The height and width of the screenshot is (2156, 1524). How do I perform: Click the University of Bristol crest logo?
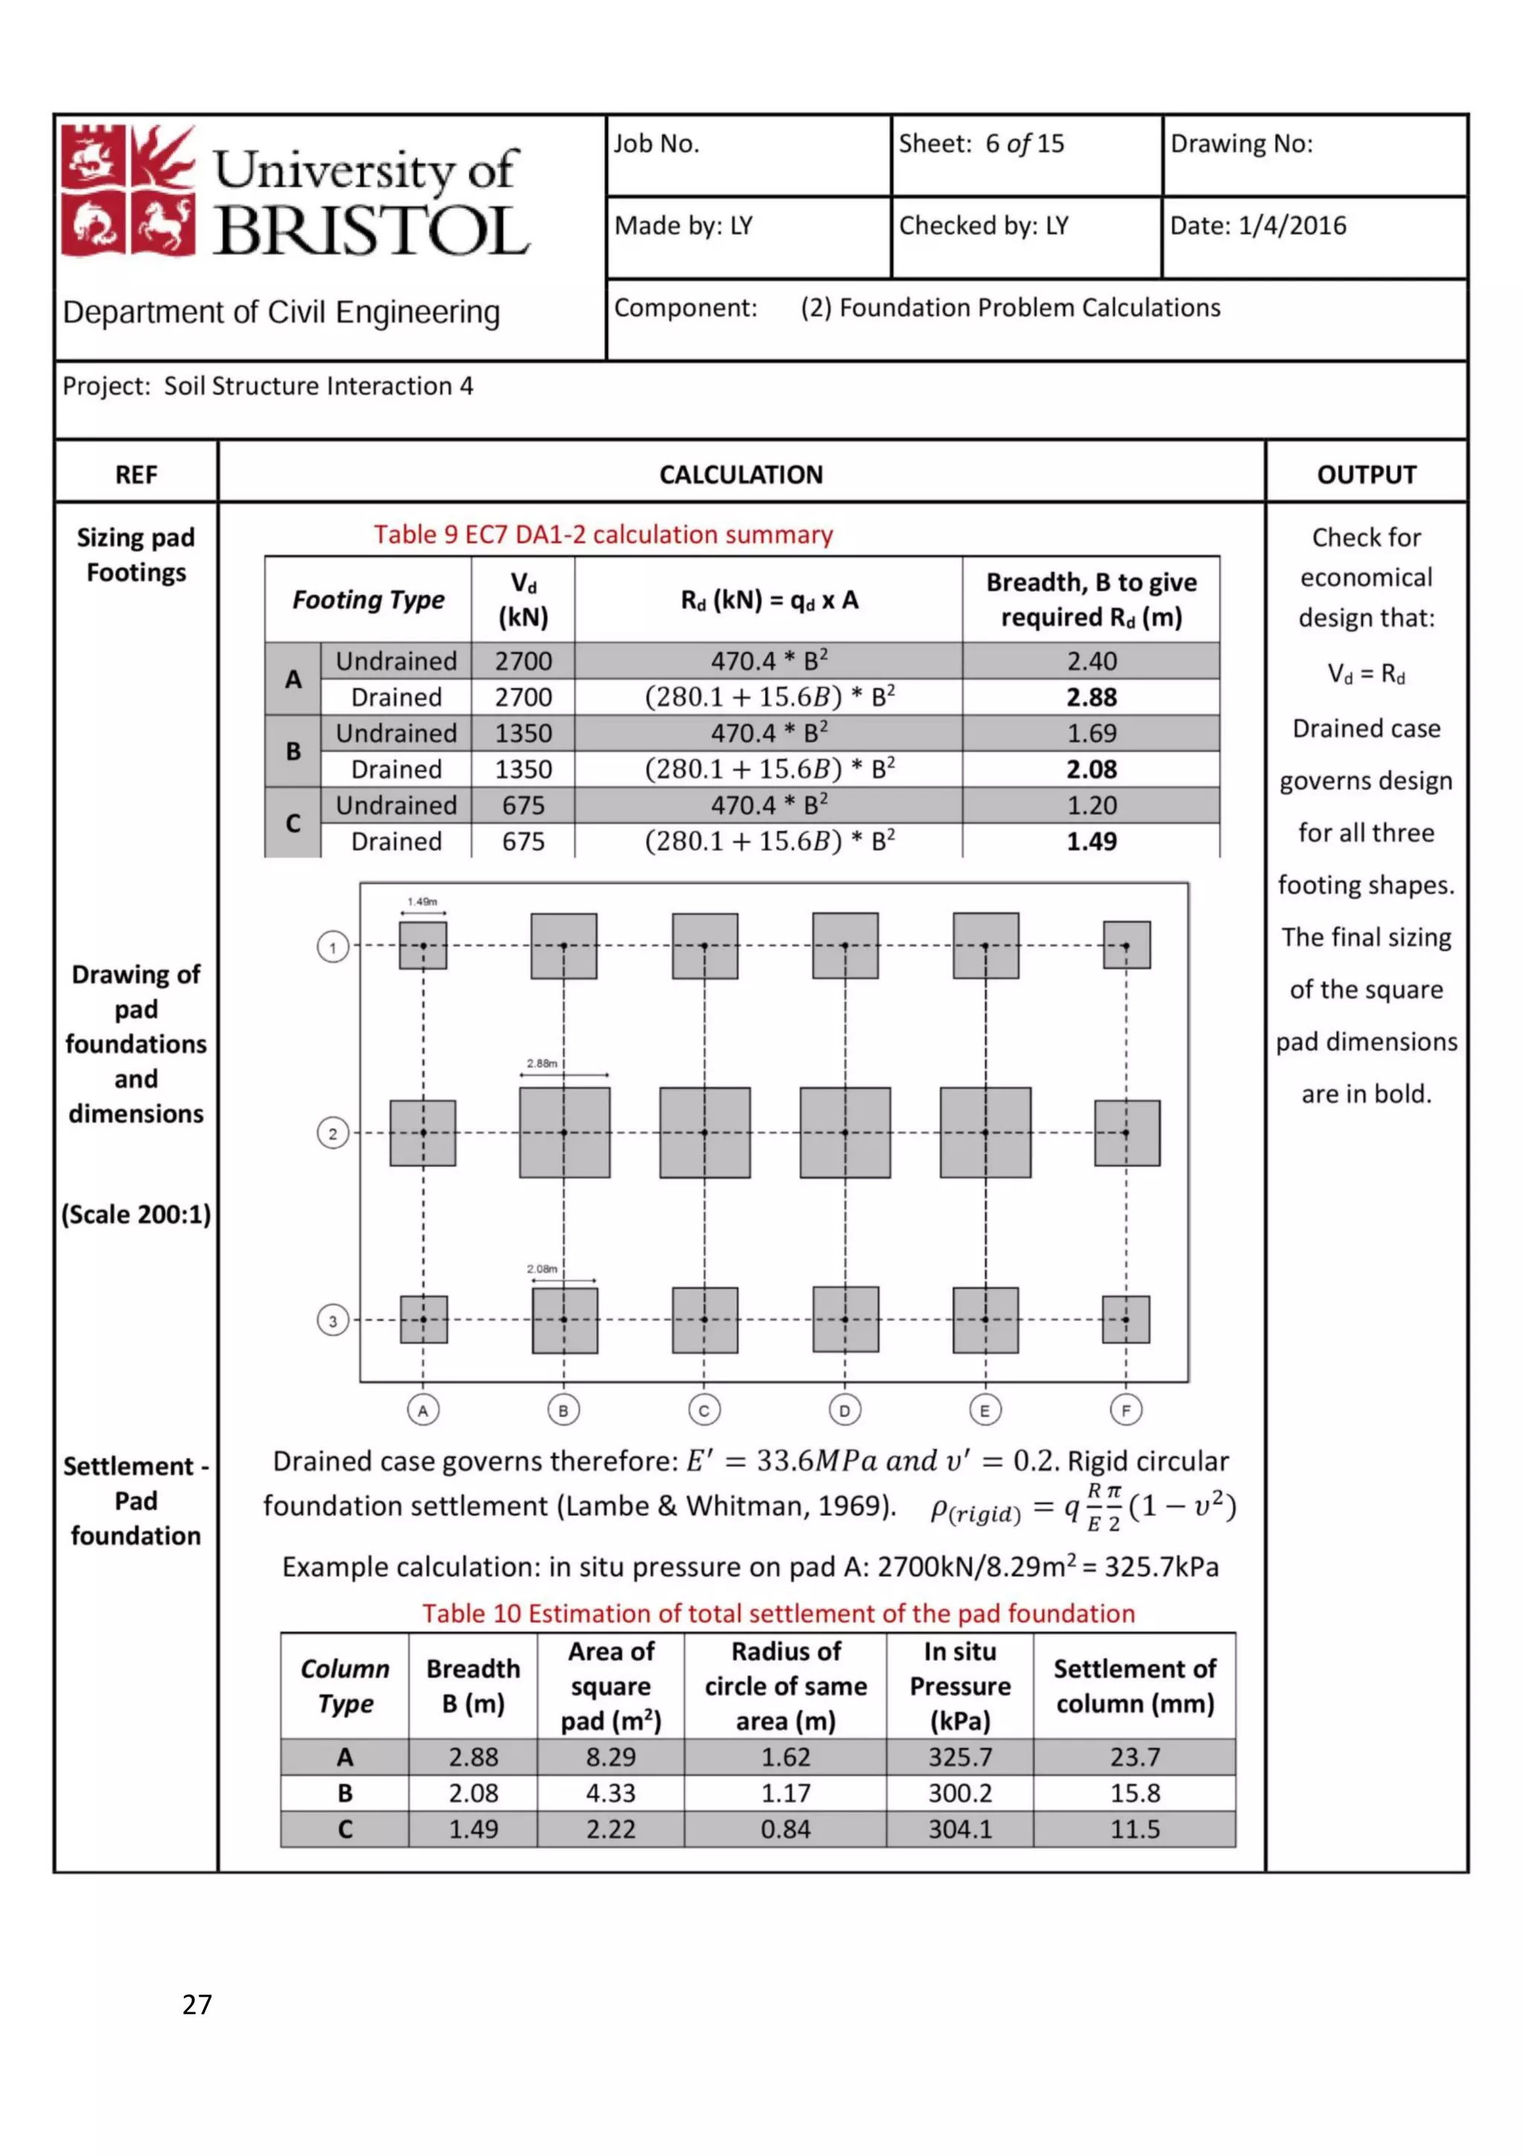click(128, 190)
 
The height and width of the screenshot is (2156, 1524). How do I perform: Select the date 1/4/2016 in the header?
click(1291, 225)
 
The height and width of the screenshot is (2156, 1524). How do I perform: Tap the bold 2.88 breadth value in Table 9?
click(1091, 698)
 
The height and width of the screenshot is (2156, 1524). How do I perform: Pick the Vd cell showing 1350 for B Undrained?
click(523, 734)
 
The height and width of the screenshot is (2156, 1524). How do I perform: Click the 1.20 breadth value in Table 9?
click(1091, 806)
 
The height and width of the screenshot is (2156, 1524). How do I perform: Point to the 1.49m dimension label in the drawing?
click(423, 902)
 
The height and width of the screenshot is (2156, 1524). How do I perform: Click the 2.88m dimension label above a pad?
click(542, 1063)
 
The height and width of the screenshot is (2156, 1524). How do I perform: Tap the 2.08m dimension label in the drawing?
click(542, 1268)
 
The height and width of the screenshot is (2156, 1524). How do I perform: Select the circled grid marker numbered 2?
click(333, 1133)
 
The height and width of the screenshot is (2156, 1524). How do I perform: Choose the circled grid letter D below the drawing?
click(844, 1410)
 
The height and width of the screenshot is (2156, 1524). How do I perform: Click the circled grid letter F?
click(1125, 1410)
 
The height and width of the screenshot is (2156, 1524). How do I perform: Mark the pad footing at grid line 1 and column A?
click(423, 946)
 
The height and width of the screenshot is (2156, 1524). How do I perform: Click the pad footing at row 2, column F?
click(1126, 1133)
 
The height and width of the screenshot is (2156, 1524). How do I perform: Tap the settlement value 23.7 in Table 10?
click(1134, 1757)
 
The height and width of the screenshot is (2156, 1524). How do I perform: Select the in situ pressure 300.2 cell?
click(960, 1794)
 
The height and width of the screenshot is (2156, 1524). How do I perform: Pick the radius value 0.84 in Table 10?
click(785, 1829)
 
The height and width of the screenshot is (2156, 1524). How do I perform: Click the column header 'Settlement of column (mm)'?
click(1134, 1687)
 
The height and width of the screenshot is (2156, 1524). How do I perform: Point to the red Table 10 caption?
click(778, 1613)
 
